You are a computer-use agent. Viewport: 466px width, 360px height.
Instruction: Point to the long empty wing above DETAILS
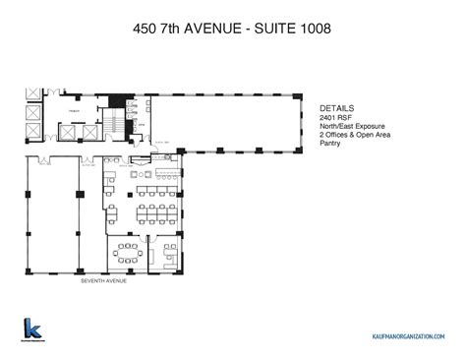tap(241, 122)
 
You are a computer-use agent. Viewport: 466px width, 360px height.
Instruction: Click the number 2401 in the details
tap(329, 119)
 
